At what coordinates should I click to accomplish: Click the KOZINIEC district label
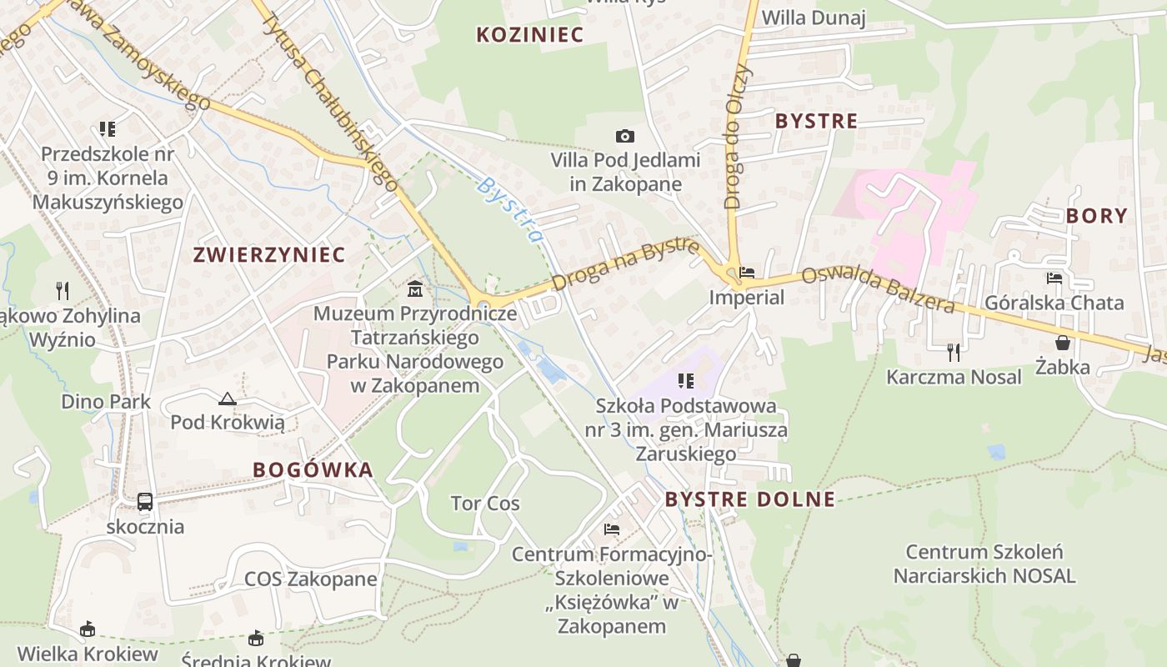[530, 34]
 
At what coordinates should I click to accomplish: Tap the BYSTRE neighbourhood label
[816, 121]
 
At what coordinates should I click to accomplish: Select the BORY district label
[1096, 216]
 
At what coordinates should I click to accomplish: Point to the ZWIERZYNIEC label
[269, 255]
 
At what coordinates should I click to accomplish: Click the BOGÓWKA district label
[313, 469]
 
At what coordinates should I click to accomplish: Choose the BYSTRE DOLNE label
[749, 499]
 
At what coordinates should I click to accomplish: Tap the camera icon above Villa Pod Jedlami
[624, 136]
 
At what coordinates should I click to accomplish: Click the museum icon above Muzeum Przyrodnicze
[414, 289]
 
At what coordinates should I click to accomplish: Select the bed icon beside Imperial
[746, 273]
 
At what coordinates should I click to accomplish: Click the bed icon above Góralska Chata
[1054, 278]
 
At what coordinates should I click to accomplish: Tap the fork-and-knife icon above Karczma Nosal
[954, 352]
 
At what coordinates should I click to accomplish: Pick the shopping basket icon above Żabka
[1063, 343]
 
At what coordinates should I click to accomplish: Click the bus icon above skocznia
[145, 502]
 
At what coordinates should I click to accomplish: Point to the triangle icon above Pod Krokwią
[227, 399]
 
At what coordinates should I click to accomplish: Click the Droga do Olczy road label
[739, 138]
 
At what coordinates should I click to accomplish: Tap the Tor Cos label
[485, 504]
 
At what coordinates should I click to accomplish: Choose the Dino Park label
[106, 402]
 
